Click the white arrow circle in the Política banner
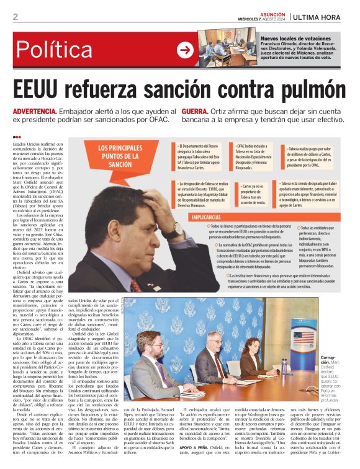pyautogui.click(x=185, y=50)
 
